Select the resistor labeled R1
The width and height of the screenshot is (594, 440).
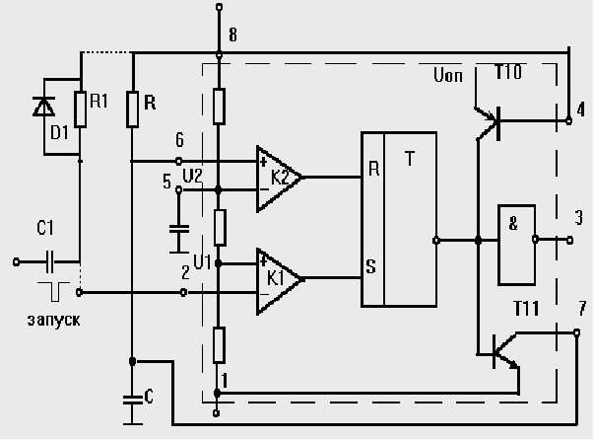pyautogui.click(x=79, y=110)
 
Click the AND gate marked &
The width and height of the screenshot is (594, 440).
pyautogui.click(x=514, y=240)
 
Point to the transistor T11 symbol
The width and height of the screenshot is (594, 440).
pyautogui.click(x=503, y=346)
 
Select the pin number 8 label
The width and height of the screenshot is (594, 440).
pyautogui.click(x=232, y=36)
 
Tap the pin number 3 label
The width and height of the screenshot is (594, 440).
pyautogui.click(x=579, y=216)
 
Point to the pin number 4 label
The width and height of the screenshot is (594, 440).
pyautogui.click(x=581, y=109)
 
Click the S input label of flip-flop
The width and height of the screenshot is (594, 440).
pyautogui.click(x=372, y=266)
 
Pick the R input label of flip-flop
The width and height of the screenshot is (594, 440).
pyautogui.click(x=373, y=168)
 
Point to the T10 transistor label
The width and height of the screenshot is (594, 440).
pyautogui.click(x=509, y=75)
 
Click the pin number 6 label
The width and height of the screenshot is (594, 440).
pyautogui.click(x=178, y=140)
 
